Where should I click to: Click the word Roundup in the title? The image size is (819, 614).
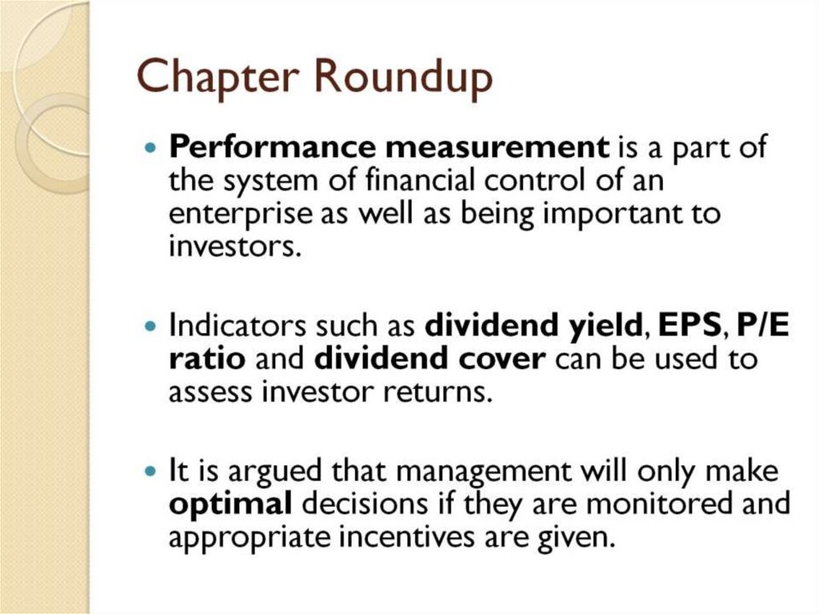[401, 78]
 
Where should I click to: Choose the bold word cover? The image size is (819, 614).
[502, 359]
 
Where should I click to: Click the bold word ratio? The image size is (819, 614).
[206, 359]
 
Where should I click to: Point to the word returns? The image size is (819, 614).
[439, 392]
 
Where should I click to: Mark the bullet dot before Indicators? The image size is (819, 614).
[151, 327]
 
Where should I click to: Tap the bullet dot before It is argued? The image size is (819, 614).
[151, 472]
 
